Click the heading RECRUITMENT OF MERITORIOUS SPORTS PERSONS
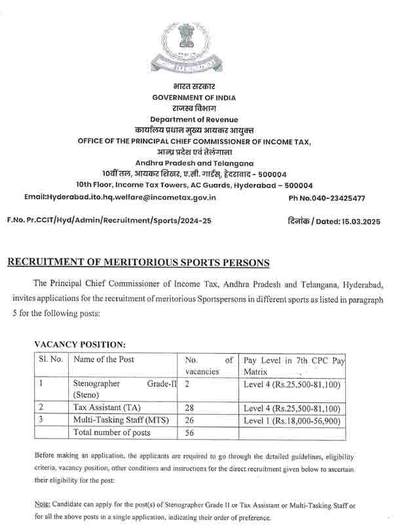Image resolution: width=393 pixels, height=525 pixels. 138,262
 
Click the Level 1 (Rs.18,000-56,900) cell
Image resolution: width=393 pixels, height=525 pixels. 291,420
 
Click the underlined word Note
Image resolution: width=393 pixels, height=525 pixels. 45,505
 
